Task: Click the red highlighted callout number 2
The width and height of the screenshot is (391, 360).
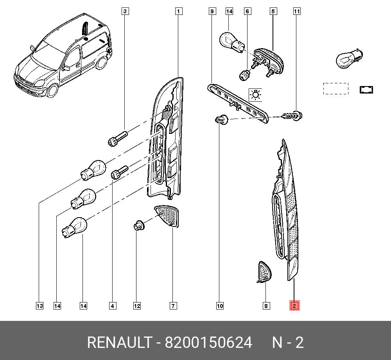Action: coord(294,306)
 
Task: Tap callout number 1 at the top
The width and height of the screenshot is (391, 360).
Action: coord(178,11)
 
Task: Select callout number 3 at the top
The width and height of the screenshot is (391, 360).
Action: coord(125,11)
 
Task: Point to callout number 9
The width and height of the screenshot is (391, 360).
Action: coord(212,11)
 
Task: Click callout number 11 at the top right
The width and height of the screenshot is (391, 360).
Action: coord(296,11)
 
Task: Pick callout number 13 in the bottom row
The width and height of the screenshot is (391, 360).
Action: coord(39,306)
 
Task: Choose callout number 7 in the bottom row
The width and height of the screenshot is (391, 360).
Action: coord(173,306)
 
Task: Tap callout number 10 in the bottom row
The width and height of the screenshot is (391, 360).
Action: coord(220,306)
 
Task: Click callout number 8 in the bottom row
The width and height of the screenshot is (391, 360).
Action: coord(266,306)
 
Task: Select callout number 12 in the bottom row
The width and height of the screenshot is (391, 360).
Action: coord(137,306)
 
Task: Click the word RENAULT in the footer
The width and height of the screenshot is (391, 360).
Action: coord(120,342)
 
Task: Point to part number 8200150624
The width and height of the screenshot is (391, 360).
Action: coord(208,342)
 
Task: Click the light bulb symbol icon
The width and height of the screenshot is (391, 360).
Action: coord(255,95)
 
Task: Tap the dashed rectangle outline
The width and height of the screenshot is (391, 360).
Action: coord(335,89)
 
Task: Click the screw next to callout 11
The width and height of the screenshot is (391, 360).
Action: coord(292,116)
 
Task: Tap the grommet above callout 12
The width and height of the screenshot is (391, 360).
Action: coord(139,226)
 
